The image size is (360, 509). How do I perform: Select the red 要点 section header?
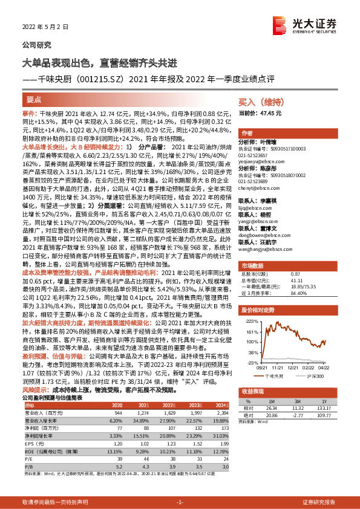pos(34,100)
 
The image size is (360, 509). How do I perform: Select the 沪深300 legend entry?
pos(312,375)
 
